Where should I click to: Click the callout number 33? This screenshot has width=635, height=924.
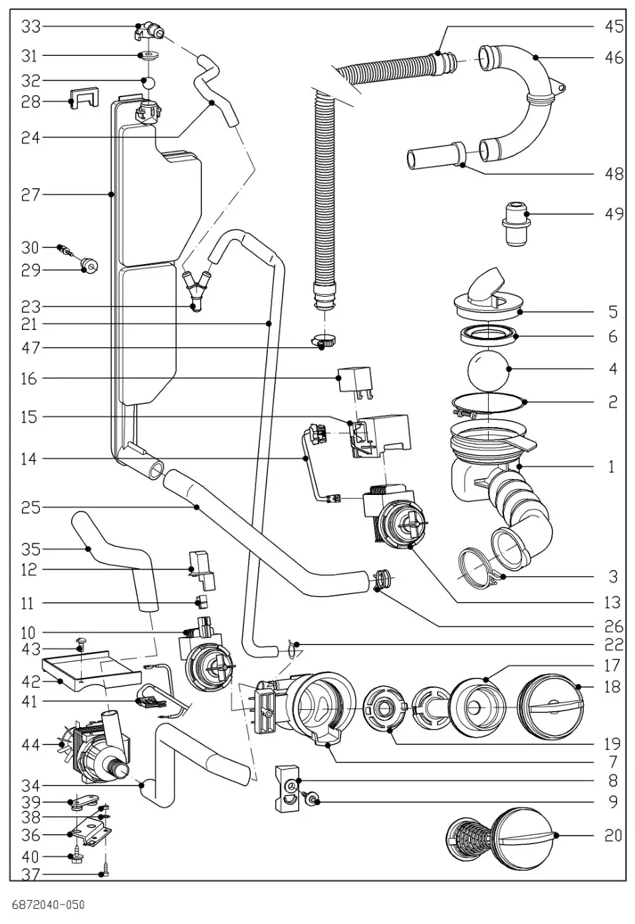pos(31,27)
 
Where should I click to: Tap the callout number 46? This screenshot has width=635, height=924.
pos(613,58)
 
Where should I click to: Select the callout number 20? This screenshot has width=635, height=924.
pos(613,835)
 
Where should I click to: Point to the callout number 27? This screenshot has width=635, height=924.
pos(31,194)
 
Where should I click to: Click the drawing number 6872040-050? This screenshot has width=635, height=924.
pos(49,905)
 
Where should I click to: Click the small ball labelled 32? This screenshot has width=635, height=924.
pos(150,82)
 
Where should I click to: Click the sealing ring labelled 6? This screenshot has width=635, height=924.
pos(489,335)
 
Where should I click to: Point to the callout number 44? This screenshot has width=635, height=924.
pos(31,745)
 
